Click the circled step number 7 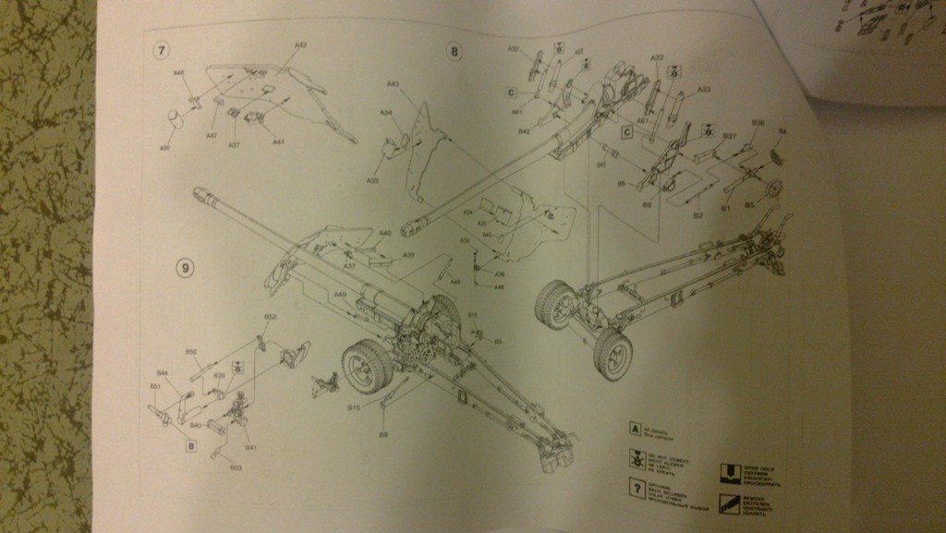pos(162,48)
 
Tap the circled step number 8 pos(454,51)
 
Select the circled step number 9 pos(186,268)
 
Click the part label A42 pos(300,44)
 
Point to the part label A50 pos(165,147)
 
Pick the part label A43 pos(392,84)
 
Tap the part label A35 pos(372,181)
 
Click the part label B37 pos(729,136)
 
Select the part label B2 pos(697,215)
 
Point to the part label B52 pos(270,317)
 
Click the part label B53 pos(236,468)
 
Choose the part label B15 pos(353,406)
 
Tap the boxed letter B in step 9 pos(191,446)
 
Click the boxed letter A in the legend pos(636,429)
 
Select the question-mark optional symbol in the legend pos(636,488)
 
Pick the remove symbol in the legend pos(730,504)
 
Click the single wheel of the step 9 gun pos(368,366)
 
